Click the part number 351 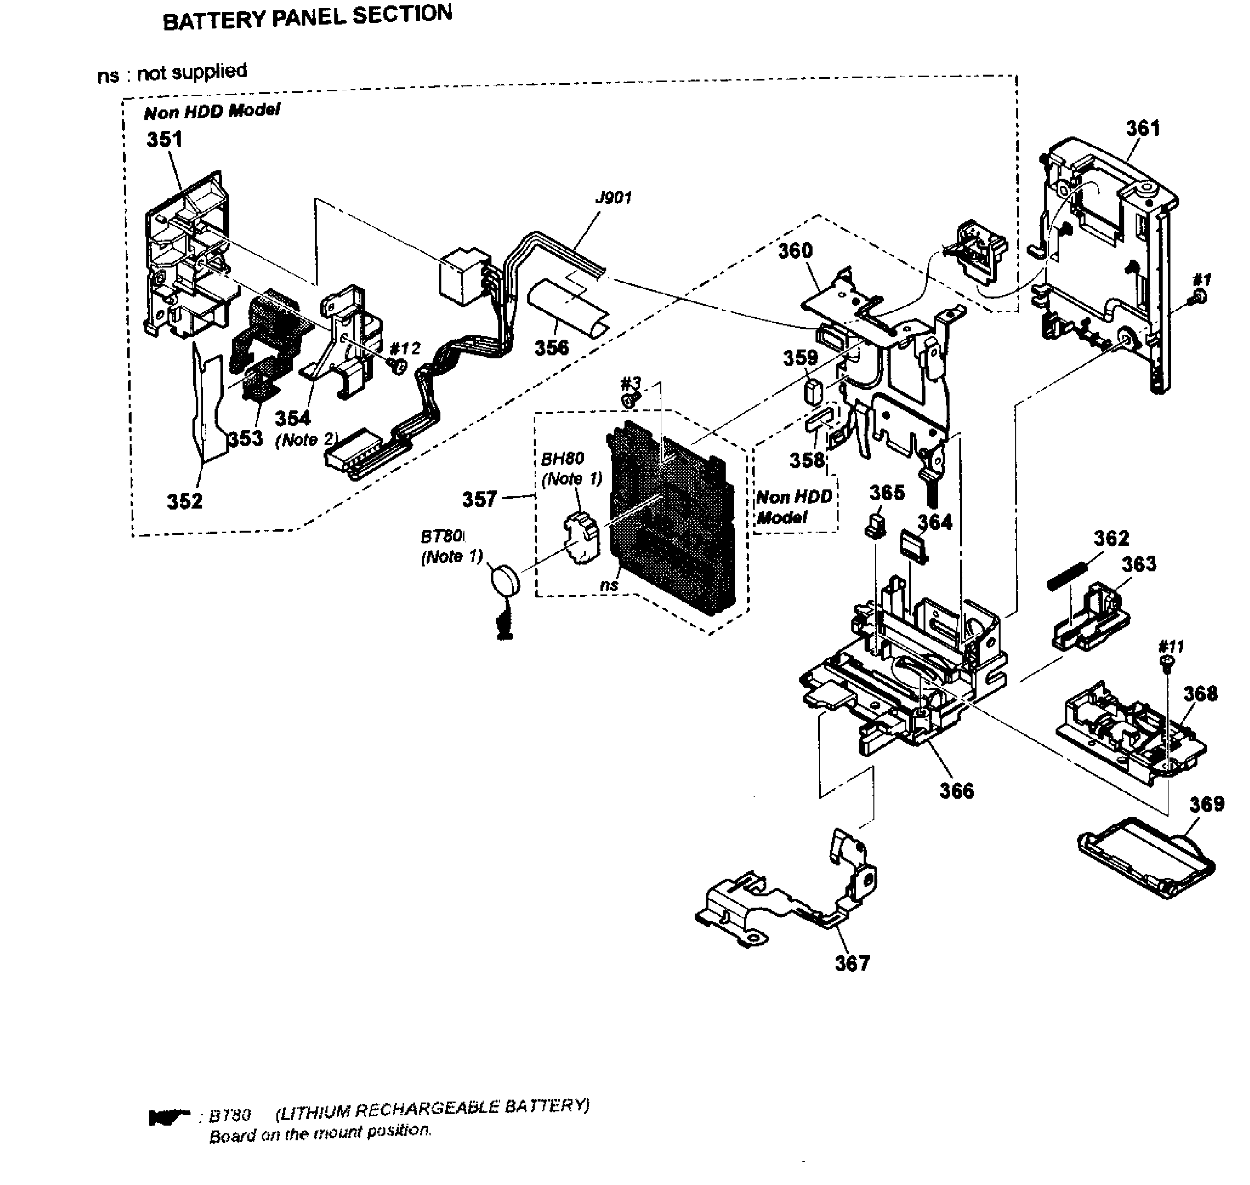(x=164, y=139)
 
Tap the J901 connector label (x=613, y=198)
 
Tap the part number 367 (x=852, y=963)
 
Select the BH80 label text (x=562, y=458)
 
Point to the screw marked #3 (x=629, y=399)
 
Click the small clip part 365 (x=874, y=525)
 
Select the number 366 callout (x=956, y=791)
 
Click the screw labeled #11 (x=1168, y=661)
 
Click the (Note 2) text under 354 (x=306, y=440)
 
